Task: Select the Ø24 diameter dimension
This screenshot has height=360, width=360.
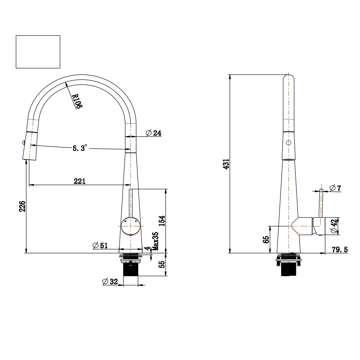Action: (153, 133)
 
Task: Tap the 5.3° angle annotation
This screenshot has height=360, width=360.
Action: (80, 148)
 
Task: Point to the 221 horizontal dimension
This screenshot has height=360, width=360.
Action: (80, 181)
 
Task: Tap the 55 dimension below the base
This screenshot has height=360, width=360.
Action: (162, 264)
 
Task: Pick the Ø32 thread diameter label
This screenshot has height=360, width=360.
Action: (110, 282)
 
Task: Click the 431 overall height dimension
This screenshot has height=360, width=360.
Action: (226, 164)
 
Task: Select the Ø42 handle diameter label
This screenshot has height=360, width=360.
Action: (334, 226)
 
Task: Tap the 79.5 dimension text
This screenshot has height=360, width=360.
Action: (340, 249)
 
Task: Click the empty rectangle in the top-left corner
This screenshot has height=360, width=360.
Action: (38, 51)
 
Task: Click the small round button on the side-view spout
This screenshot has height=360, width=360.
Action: (288, 143)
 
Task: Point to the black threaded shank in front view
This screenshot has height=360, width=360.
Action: (131, 269)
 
